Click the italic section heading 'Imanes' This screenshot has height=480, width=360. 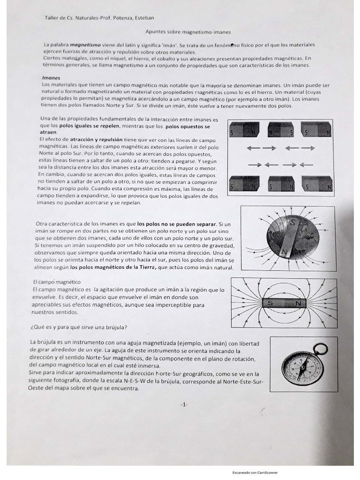coord(51,78)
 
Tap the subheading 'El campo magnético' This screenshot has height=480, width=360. coord(57,282)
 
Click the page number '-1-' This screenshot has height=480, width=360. coord(184,404)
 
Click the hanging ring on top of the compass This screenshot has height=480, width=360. coord(321,349)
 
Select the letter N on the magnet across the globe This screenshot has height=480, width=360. coord(283,251)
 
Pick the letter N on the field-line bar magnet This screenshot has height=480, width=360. coord(298,304)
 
